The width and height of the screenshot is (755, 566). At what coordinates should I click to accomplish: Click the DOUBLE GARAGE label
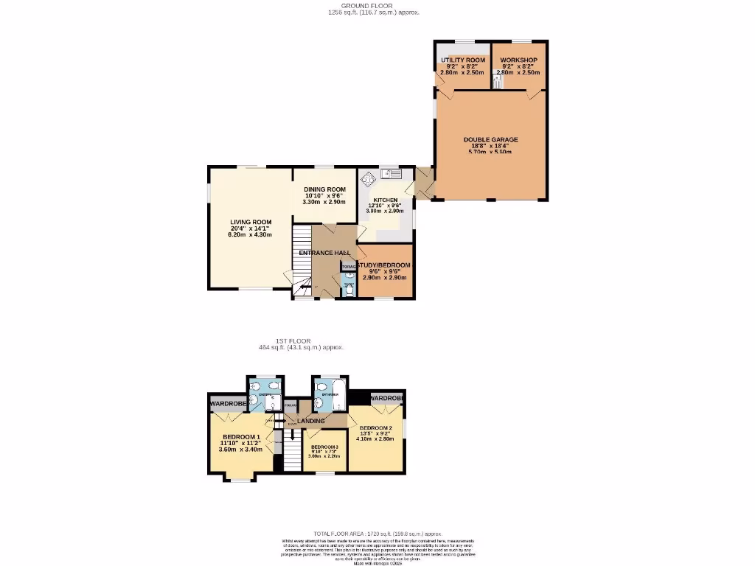490,139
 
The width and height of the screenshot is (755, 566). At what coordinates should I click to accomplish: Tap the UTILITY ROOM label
463,60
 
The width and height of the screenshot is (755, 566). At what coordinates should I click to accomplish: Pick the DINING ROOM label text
324,189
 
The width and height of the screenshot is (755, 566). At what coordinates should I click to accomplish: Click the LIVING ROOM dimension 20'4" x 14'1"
251,228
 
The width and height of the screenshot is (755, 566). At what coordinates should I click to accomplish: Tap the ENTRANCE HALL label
324,254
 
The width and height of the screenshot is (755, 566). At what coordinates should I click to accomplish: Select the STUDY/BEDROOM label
385,265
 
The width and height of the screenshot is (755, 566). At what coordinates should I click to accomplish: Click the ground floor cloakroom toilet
349,290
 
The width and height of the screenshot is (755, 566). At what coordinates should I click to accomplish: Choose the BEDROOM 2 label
375,428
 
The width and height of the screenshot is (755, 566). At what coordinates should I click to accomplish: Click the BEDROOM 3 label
324,448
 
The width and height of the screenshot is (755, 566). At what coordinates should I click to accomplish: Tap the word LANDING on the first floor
310,421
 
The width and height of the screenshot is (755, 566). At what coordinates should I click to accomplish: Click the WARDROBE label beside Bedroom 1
226,404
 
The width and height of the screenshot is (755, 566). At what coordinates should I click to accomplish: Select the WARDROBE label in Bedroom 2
386,399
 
